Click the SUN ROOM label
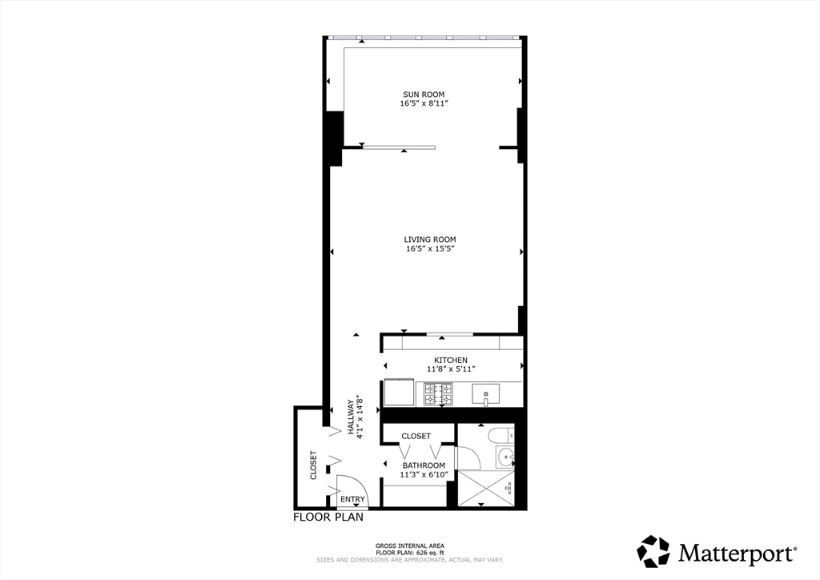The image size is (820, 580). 423,95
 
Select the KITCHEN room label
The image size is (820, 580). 451,360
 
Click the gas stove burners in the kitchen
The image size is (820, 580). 438,393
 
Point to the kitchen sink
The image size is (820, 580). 486,393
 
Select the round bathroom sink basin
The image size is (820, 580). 505,457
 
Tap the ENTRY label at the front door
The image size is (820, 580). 352,500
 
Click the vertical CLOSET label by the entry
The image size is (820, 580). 313,465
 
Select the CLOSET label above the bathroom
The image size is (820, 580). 416,437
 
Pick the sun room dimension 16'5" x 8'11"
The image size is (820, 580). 423,104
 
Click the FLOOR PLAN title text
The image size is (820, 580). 328,518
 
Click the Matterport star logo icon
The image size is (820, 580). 653,551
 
